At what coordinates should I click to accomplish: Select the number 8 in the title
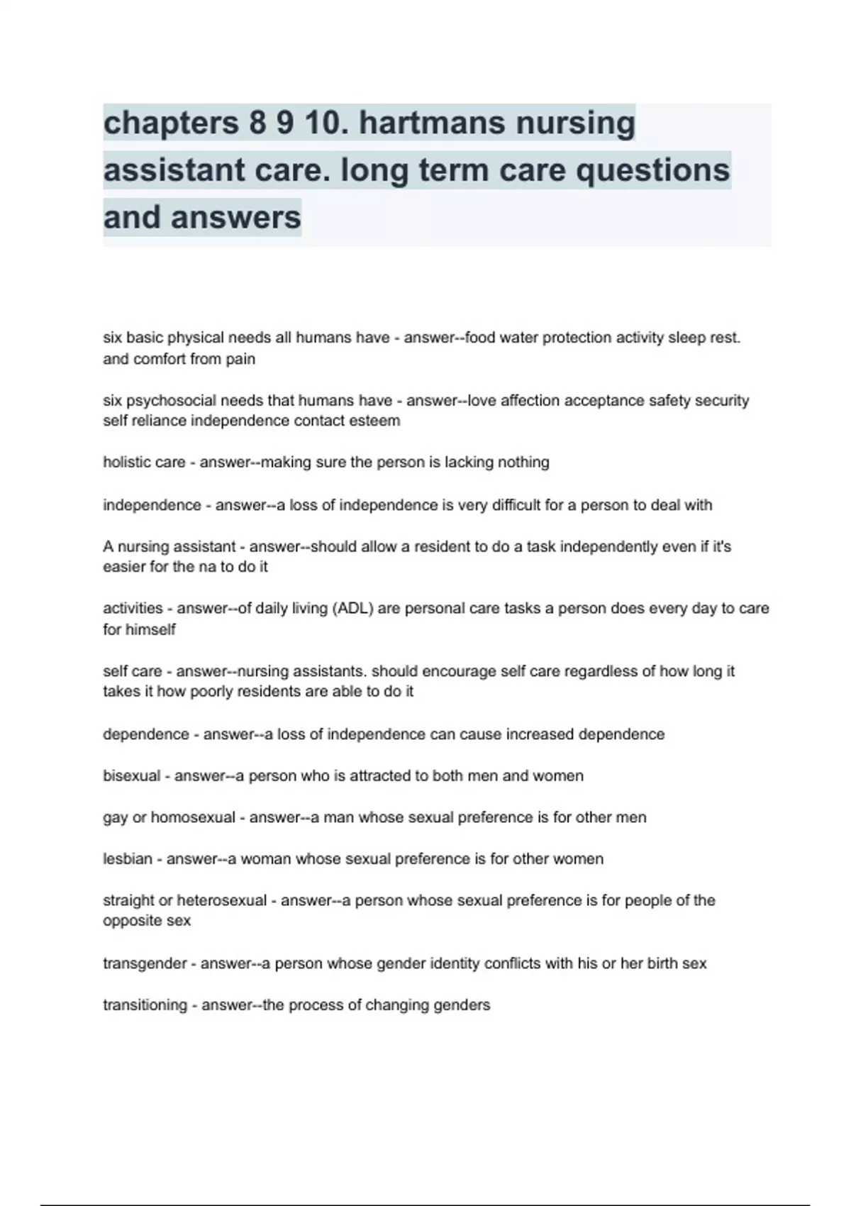coord(257,123)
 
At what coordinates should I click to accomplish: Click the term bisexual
coord(131,776)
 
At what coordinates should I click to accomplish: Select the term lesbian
coord(128,859)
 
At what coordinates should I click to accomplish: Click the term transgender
coord(145,964)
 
